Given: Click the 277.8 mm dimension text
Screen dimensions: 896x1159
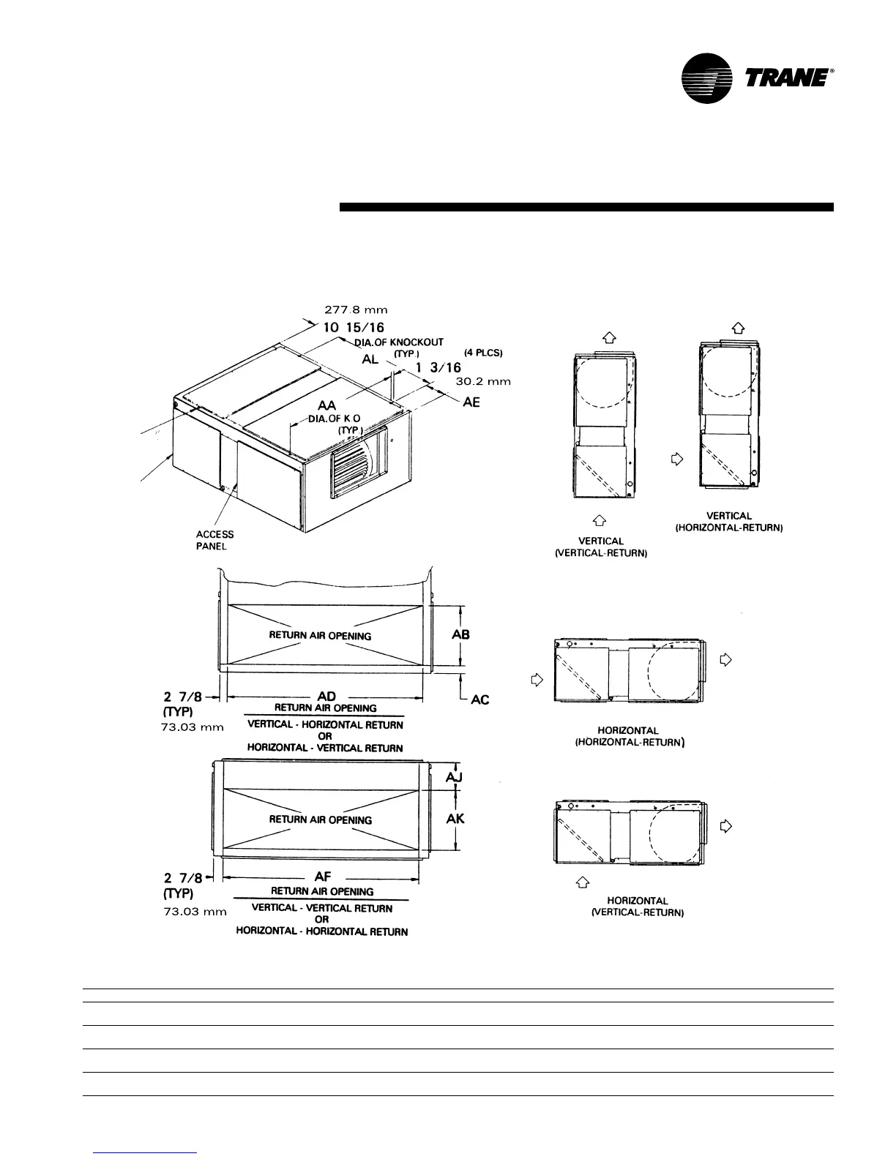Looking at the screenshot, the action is pyautogui.click(x=356, y=310).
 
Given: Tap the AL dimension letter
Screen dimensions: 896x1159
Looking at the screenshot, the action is pyautogui.click(x=370, y=360).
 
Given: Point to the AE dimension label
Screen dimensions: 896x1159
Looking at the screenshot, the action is pyautogui.click(x=471, y=402).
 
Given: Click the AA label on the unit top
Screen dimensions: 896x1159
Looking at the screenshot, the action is pyautogui.click(x=327, y=405).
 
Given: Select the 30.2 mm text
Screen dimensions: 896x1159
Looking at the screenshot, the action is pyautogui.click(x=483, y=381).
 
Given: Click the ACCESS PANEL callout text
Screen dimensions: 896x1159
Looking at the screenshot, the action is pyautogui.click(x=214, y=540).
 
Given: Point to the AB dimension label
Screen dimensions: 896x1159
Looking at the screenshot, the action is pyautogui.click(x=460, y=634).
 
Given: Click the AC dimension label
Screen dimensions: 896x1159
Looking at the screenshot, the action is pyautogui.click(x=479, y=700).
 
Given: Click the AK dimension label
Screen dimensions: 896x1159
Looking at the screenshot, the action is pyautogui.click(x=455, y=818).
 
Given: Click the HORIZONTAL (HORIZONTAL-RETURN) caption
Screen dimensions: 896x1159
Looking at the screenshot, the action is pyautogui.click(x=628, y=736).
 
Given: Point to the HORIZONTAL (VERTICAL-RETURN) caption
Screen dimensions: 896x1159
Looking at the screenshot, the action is pyautogui.click(x=637, y=907).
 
